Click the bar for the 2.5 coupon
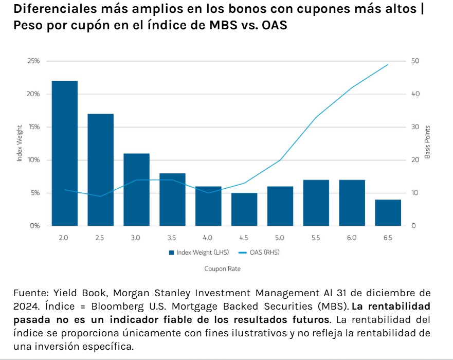[x=100, y=170]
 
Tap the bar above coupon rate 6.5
[x=388, y=212]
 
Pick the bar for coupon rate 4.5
[x=244, y=209]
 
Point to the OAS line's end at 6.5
[x=388, y=65]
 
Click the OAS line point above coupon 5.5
[x=316, y=117]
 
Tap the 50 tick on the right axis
[x=415, y=61]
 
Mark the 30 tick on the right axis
[x=415, y=127]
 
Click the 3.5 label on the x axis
[x=172, y=238]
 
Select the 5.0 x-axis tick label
[x=280, y=238]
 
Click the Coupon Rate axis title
[x=223, y=268]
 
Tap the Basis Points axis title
[x=427, y=143]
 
